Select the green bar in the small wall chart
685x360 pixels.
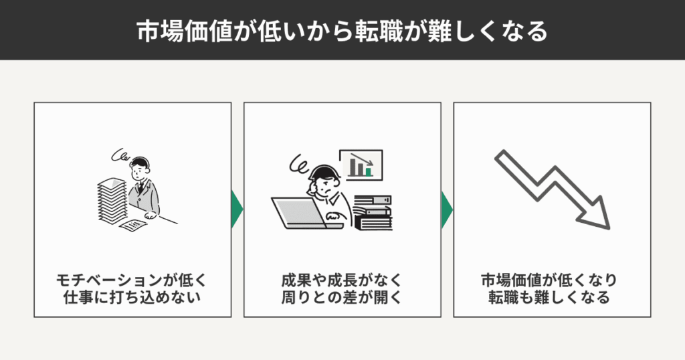(369, 171)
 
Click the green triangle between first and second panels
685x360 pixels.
(236, 209)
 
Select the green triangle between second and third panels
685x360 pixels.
(446, 209)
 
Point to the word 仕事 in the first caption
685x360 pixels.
(75, 297)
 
